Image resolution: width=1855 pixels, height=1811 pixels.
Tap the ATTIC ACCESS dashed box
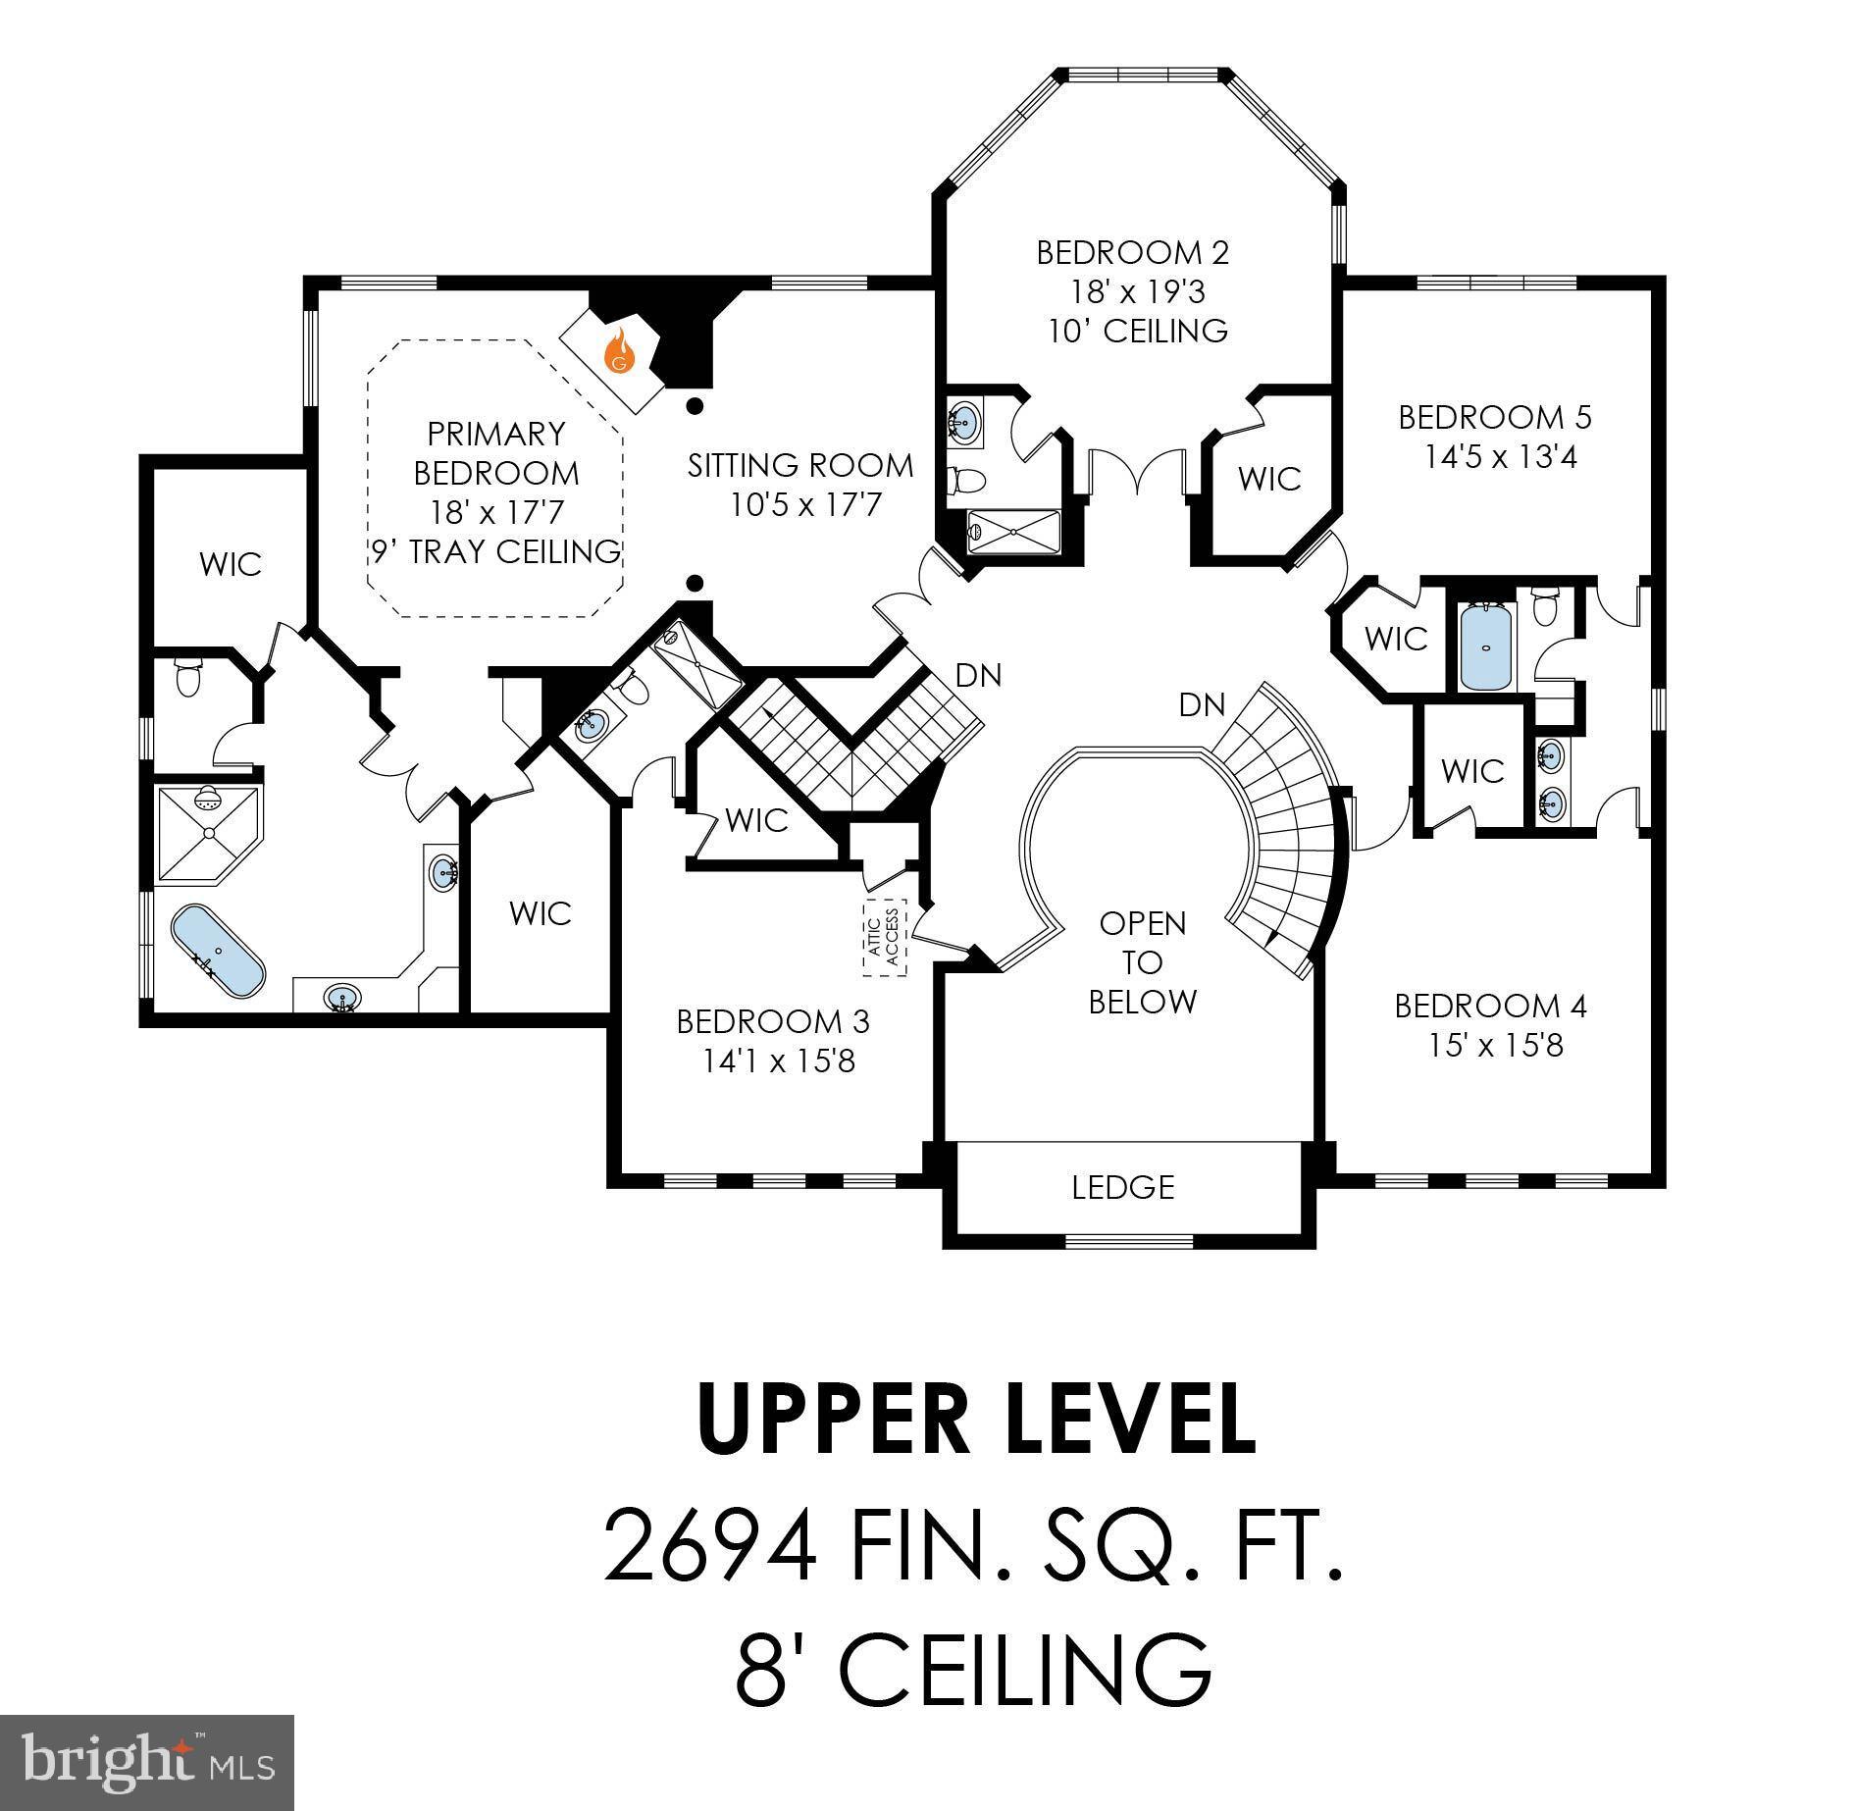[886, 937]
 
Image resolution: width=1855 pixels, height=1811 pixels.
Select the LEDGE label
[1122, 1187]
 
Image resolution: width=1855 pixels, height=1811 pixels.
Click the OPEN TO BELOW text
[1143, 962]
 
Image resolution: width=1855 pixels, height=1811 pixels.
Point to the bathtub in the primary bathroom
[218, 952]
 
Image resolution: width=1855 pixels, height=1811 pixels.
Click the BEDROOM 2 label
[1132, 253]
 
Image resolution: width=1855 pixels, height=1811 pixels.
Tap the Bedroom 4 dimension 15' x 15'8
[1494, 1046]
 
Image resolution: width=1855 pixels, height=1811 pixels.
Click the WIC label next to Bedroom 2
[1269, 479]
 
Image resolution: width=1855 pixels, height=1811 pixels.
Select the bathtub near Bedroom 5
[1487, 648]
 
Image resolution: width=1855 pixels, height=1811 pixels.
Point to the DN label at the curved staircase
[1202, 704]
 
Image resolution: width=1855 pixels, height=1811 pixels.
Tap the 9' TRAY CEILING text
[496, 551]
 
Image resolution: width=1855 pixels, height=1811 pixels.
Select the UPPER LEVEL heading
[976, 1421]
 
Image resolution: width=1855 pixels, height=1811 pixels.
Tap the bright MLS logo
[147, 1762]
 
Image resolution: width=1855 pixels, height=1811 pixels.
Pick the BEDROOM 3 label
[772, 1021]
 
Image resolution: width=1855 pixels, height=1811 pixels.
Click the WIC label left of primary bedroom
[231, 564]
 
